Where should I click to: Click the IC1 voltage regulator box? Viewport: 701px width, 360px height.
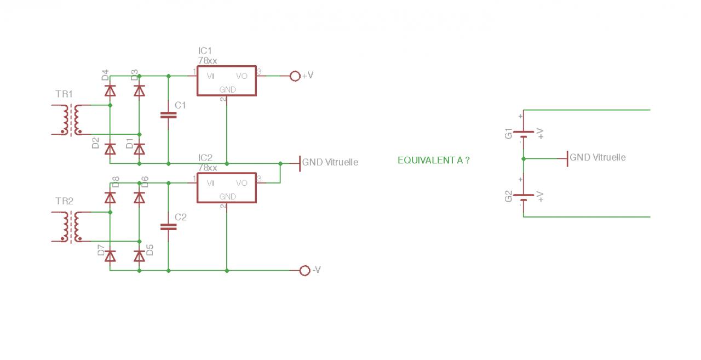227,81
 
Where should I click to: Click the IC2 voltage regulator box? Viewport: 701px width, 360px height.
227,188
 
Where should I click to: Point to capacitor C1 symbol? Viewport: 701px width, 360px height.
168,115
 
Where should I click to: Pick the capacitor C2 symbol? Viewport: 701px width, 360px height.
168,226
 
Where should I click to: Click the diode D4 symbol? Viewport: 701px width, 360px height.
110,90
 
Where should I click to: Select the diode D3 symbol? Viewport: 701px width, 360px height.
140,90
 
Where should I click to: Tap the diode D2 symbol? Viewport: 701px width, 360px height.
110,148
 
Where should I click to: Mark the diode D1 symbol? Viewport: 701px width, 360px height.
140,148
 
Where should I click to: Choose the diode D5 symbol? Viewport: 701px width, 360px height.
140,256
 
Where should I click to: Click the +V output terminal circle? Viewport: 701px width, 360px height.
295,76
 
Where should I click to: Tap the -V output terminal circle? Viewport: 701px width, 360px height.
305,270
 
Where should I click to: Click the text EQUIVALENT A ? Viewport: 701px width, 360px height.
433,160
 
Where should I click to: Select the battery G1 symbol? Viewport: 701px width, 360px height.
524,133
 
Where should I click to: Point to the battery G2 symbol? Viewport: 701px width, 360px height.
524,197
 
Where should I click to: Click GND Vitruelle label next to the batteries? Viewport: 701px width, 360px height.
597,158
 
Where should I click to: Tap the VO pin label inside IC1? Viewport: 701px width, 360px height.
242,76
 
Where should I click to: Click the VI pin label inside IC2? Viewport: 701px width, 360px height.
210,183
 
